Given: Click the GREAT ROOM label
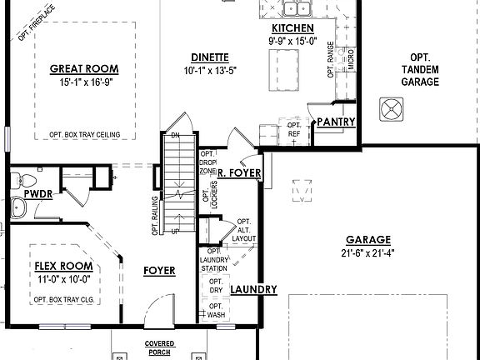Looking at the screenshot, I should [x=83, y=68].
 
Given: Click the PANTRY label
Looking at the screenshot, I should [x=336, y=122].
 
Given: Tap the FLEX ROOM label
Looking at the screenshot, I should [x=63, y=267].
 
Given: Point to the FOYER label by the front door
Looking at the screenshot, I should [x=158, y=271].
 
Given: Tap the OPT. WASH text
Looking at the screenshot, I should [x=215, y=311].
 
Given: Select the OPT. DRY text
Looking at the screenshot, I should [x=214, y=287].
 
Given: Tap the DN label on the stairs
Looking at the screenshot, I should [x=175, y=134].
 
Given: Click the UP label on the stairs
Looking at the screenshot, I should [x=174, y=231].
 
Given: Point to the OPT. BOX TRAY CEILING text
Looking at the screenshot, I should [x=83, y=133].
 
